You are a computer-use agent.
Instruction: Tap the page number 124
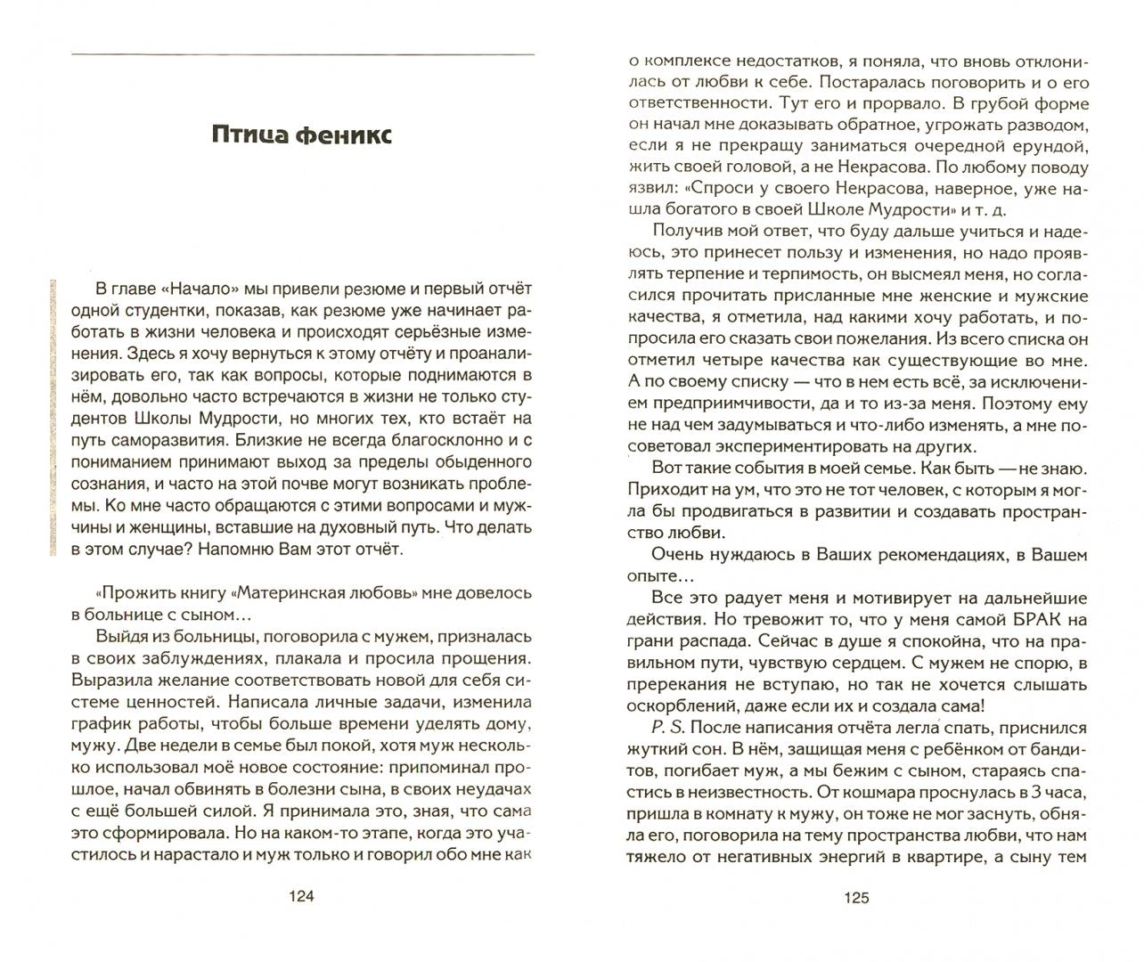pos(302,897)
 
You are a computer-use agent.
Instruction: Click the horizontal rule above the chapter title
pos(302,54)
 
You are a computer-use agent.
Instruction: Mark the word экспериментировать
pos(801,446)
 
